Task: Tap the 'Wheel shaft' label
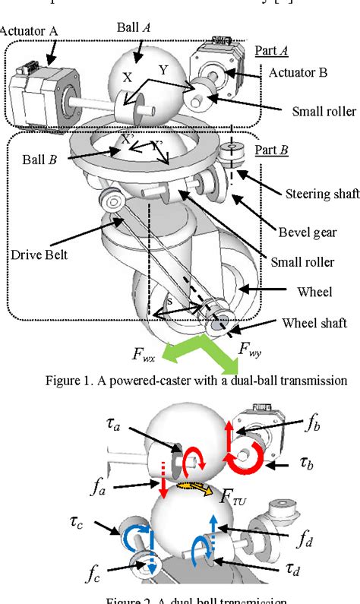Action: pos(314,323)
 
